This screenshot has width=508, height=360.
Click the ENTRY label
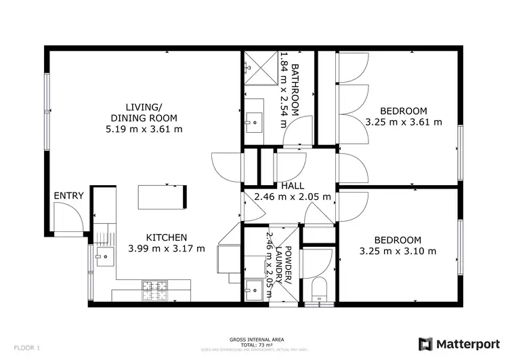click(69, 196)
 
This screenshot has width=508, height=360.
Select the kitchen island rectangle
click(163, 197)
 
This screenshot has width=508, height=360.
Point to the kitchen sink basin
click(104, 257)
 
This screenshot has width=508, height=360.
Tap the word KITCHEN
click(166, 237)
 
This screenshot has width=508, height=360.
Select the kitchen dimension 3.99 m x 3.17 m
click(166, 249)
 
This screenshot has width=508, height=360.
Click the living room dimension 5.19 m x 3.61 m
click(144, 129)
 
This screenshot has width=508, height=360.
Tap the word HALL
click(292, 186)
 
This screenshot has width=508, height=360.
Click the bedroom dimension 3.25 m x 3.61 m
click(403, 123)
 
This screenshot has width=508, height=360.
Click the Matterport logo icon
click(426, 344)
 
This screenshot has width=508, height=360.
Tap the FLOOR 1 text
click(27, 348)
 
